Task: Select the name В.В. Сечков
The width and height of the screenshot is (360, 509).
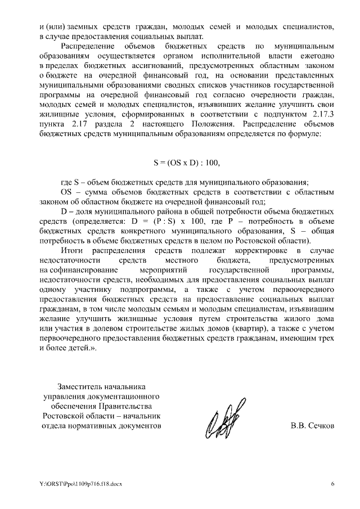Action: (312, 425)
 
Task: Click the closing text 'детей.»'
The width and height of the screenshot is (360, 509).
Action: (83, 349)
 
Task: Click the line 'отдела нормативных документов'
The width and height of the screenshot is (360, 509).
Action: (101, 426)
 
